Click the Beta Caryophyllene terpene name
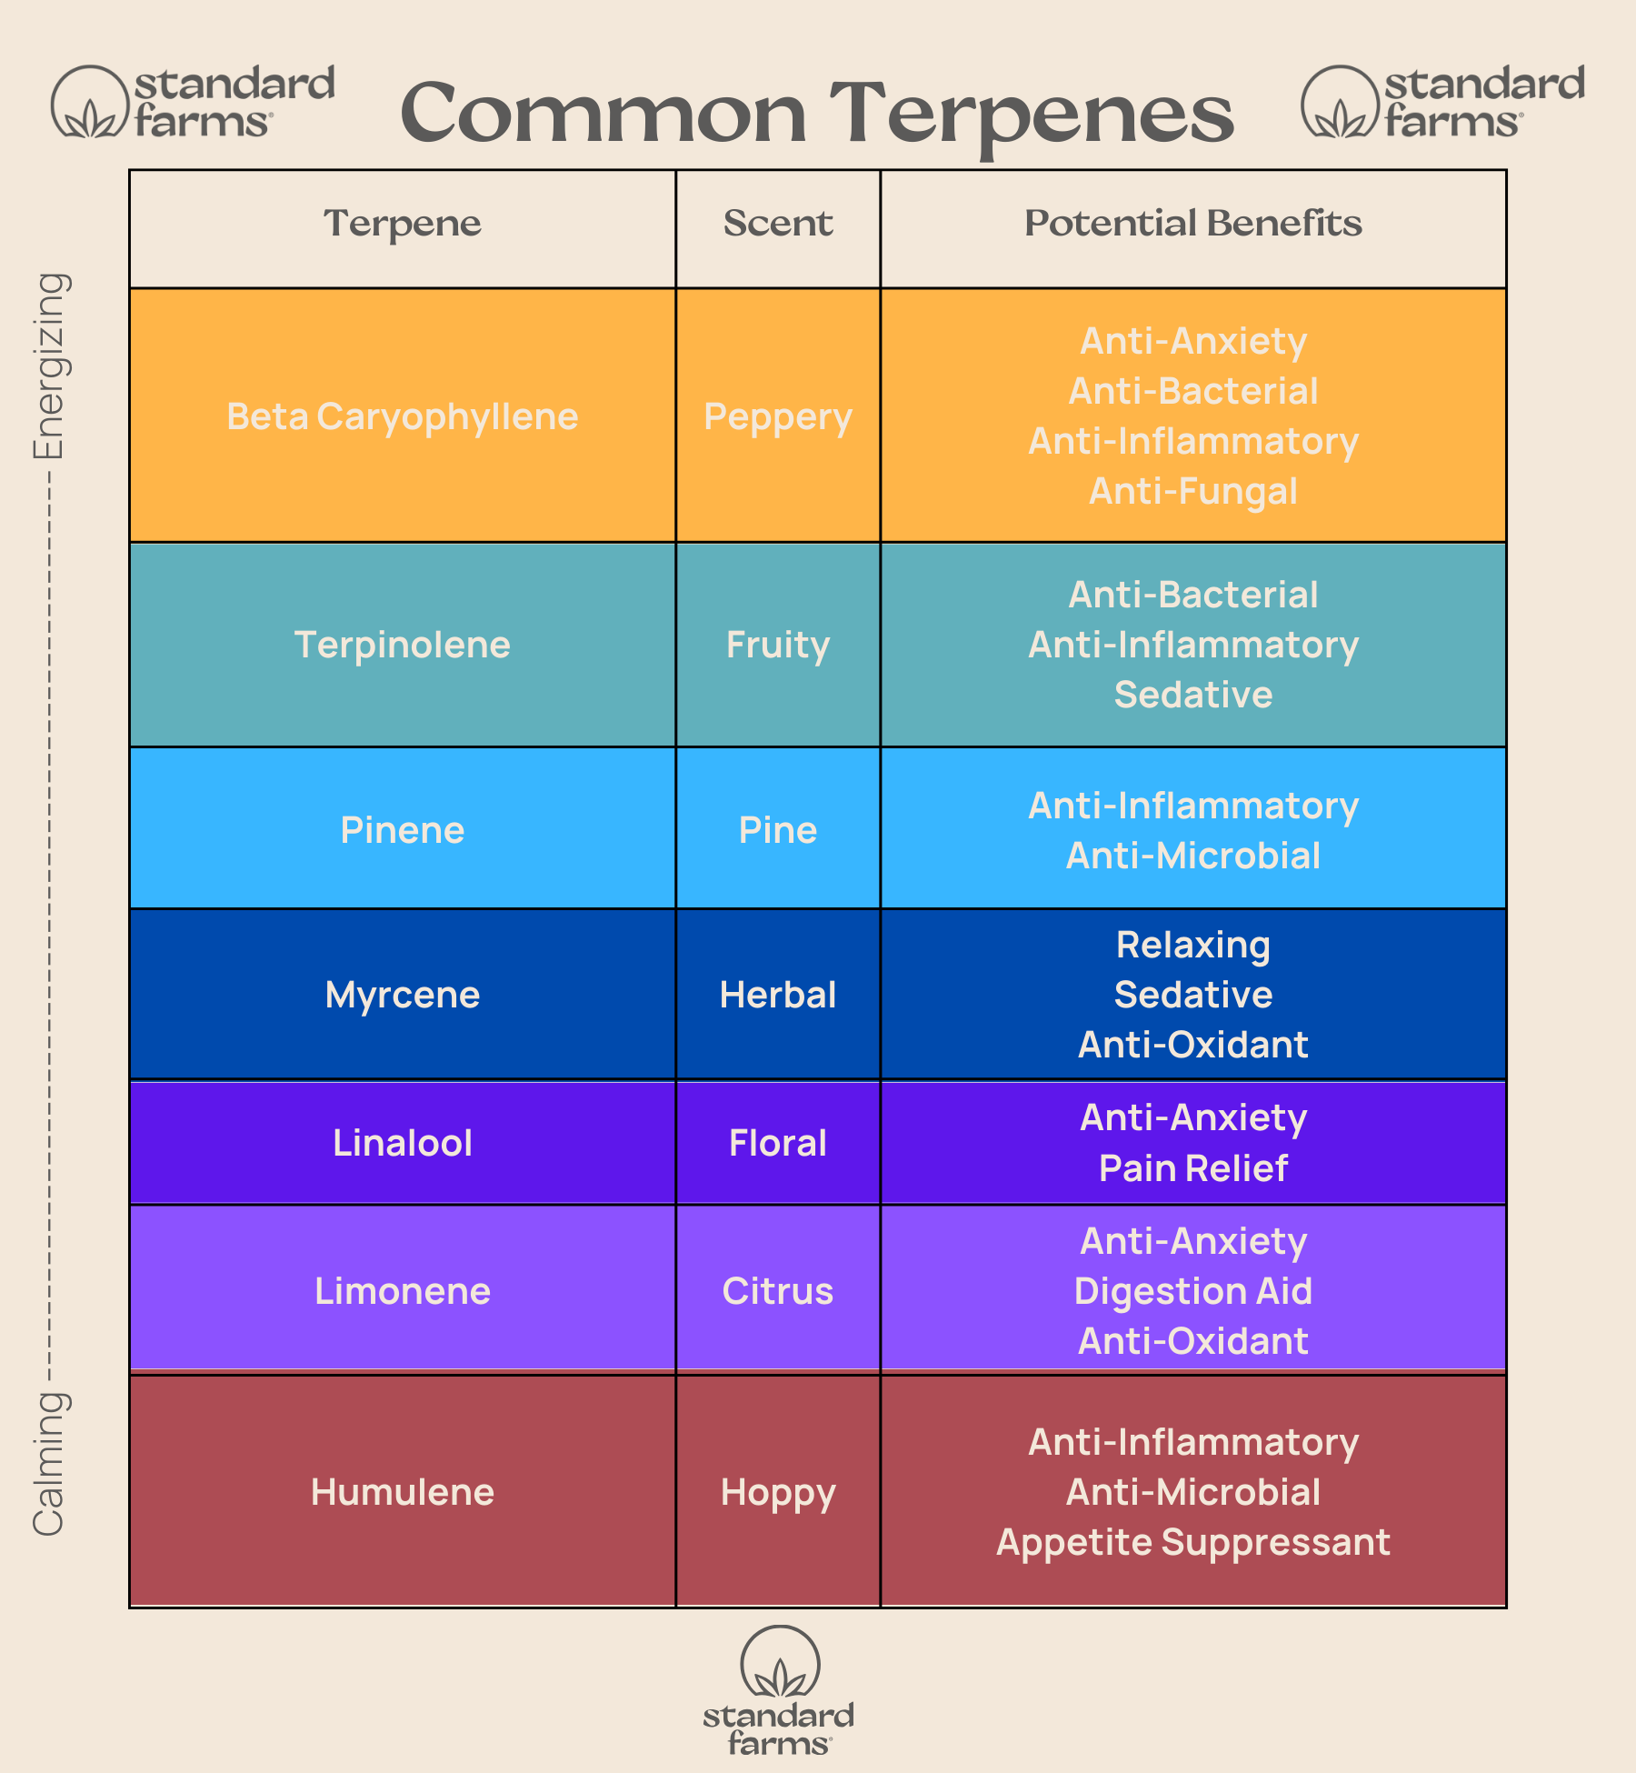coord(402,416)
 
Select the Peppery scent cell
coord(778,416)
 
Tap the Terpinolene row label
coord(402,645)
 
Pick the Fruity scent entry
coord(778,645)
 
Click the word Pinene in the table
coord(402,829)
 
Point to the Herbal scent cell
coord(778,995)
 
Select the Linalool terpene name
coord(402,1143)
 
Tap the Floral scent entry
coord(778,1143)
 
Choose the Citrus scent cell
coord(778,1291)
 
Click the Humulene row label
coord(402,1492)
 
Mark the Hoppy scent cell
coord(778,1492)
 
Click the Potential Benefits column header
coord(1193,224)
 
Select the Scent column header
coord(778,224)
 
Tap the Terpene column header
coord(402,224)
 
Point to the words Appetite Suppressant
coord(1193,1542)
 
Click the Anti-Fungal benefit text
coord(1193,491)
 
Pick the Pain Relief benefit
coord(1193,1168)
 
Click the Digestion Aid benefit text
coord(1193,1291)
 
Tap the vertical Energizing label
coord(49,366)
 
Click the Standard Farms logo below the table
coord(779,1690)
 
